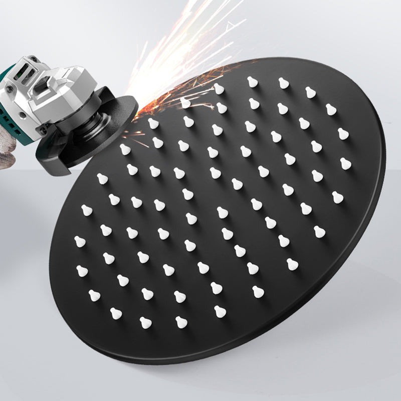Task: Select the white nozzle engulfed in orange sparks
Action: click(x=185, y=103)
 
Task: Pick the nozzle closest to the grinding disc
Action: click(x=153, y=123)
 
